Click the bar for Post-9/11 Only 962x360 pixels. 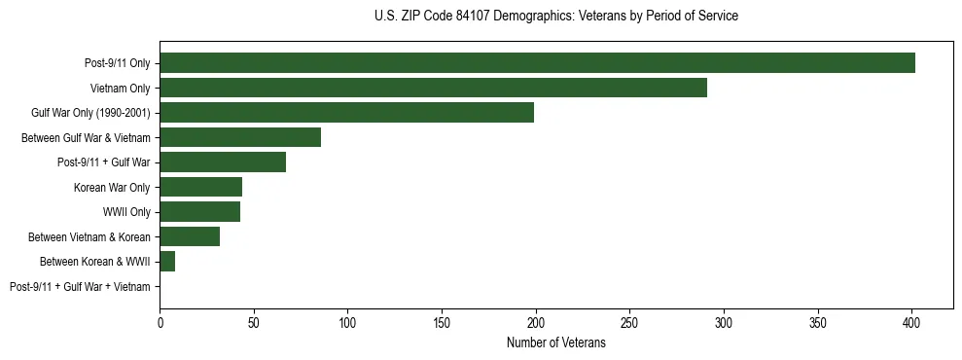click(x=537, y=63)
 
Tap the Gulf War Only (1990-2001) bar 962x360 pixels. click(x=346, y=113)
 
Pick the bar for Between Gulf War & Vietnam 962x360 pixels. click(x=240, y=137)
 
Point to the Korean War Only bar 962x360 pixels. click(x=200, y=187)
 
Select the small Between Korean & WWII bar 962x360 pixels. click(x=167, y=262)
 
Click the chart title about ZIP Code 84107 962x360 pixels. click(x=555, y=17)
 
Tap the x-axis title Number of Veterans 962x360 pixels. click(x=555, y=343)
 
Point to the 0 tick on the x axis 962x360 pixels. click(x=160, y=320)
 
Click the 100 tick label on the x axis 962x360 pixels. click(x=347, y=320)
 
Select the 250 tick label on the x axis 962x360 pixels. click(x=629, y=320)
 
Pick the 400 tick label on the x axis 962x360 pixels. click(x=911, y=320)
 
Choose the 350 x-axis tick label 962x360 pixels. click(x=817, y=320)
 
